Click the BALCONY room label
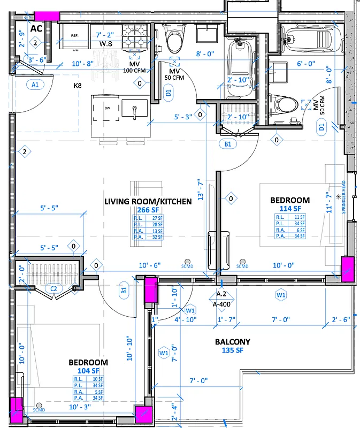pyautogui.click(x=233, y=342)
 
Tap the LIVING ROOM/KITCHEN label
pyautogui.click(x=148, y=201)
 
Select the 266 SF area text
pyautogui.click(x=148, y=210)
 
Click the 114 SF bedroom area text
pyautogui.click(x=290, y=208)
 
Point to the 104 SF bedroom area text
pyautogui.click(x=88, y=371)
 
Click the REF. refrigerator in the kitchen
pyautogui.click(x=74, y=35)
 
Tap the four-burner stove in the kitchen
pyautogui.click(x=135, y=36)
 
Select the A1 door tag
pyautogui.click(x=35, y=85)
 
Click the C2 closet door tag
pyautogui.click(x=53, y=289)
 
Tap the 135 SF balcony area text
pyautogui.click(x=233, y=350)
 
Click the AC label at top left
pyautogui.click(x=36, y=28)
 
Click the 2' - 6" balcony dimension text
pyautogui.click(x=340, y=319)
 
